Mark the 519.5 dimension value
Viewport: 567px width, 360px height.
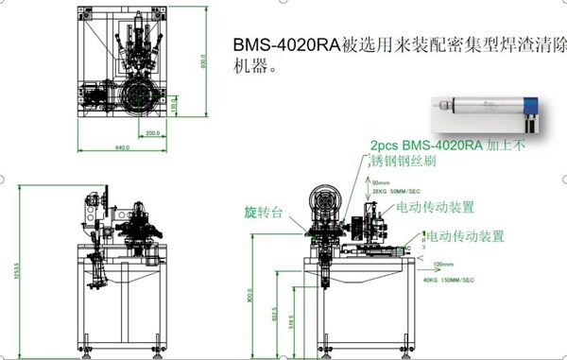[x=290, y=324]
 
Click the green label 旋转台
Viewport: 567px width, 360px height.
[x=264, y=210]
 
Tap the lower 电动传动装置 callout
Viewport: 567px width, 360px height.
[x=465, y=235]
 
